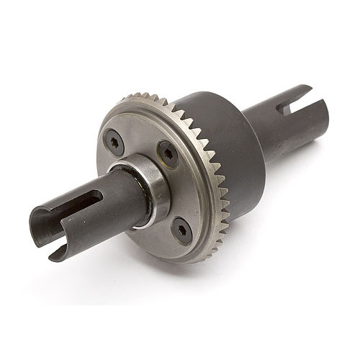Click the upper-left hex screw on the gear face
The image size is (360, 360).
(x=116, y=141)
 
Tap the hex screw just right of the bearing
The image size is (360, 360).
(x=167, y=153)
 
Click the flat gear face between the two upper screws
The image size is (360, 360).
(x=140, y=137)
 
